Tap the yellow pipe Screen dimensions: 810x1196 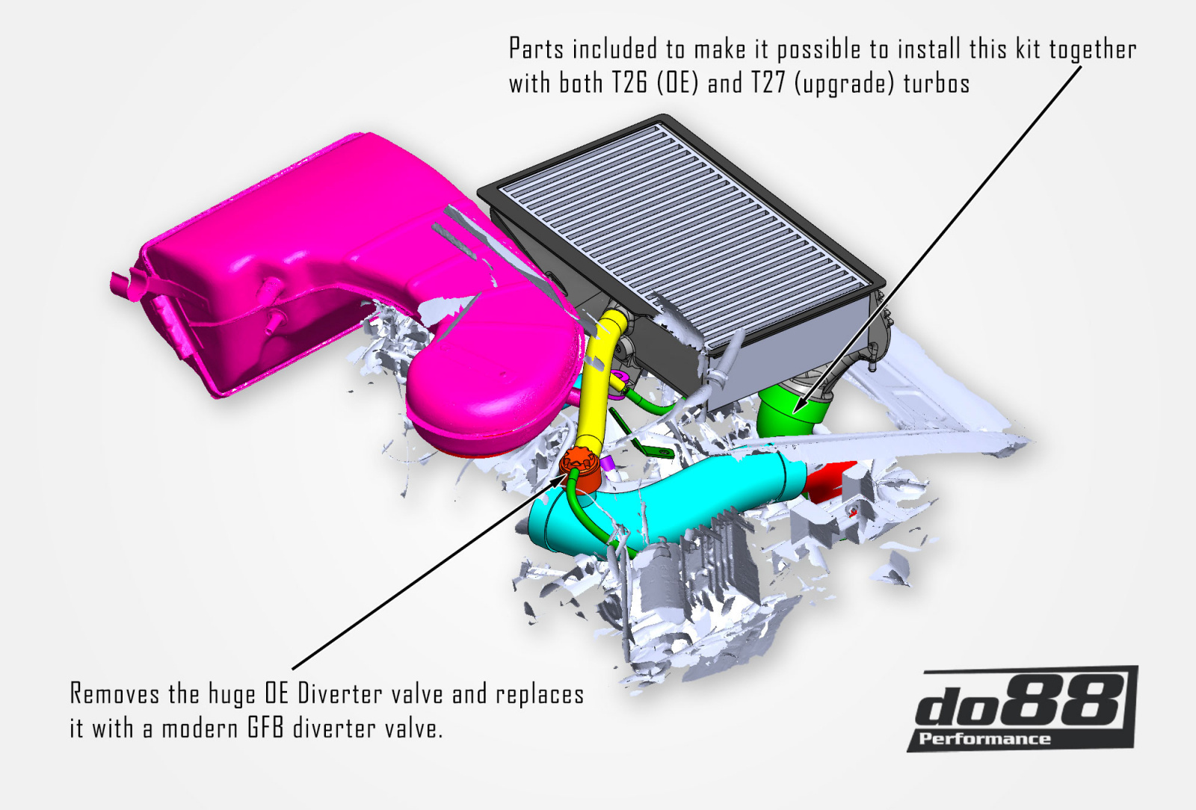(x=594, y=389)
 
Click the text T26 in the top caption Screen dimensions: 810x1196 (x=629, y=83)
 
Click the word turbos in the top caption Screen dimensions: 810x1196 (x=936, y=83)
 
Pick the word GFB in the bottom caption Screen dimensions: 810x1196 (x=265, y=728)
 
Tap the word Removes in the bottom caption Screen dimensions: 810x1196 (x=114, y=694)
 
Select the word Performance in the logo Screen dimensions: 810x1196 (x=984, y=739)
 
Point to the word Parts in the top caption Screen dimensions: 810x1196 (x=536, y=49)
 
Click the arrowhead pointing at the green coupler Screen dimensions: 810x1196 (x=798, y=408)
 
